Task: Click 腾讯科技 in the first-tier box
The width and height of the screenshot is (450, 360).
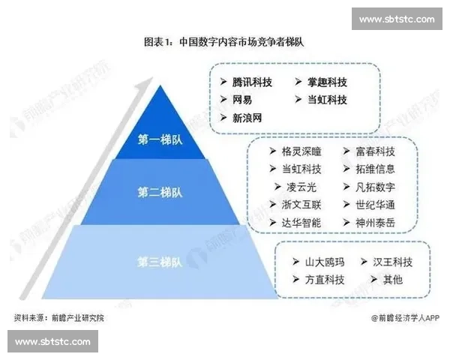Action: (252, 82)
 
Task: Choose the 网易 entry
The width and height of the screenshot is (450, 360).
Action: (241, 99)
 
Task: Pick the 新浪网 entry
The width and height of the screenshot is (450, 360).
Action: (247, 117)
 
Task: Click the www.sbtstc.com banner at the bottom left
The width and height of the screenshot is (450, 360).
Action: (52, 342)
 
